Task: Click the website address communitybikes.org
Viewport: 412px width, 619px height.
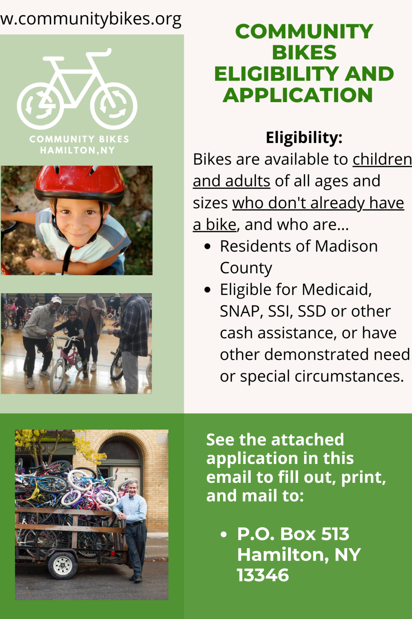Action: tap(91, 19)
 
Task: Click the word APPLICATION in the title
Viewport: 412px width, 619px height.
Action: tap(298, 95)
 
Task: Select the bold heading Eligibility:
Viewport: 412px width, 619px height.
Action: tap(304, 138)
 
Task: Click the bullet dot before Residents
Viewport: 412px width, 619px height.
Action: tap(207, 247)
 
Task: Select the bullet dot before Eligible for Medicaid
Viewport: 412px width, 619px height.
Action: tap(207, 290)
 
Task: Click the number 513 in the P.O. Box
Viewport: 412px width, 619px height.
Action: tap(335, 534)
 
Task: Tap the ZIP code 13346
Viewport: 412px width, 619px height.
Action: tap(263, 575)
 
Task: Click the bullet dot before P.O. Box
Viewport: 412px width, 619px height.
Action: tap(224, 534)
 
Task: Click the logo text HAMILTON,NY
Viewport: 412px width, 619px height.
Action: tap(78, 150)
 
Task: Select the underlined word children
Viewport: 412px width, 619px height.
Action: tap(382, 159)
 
